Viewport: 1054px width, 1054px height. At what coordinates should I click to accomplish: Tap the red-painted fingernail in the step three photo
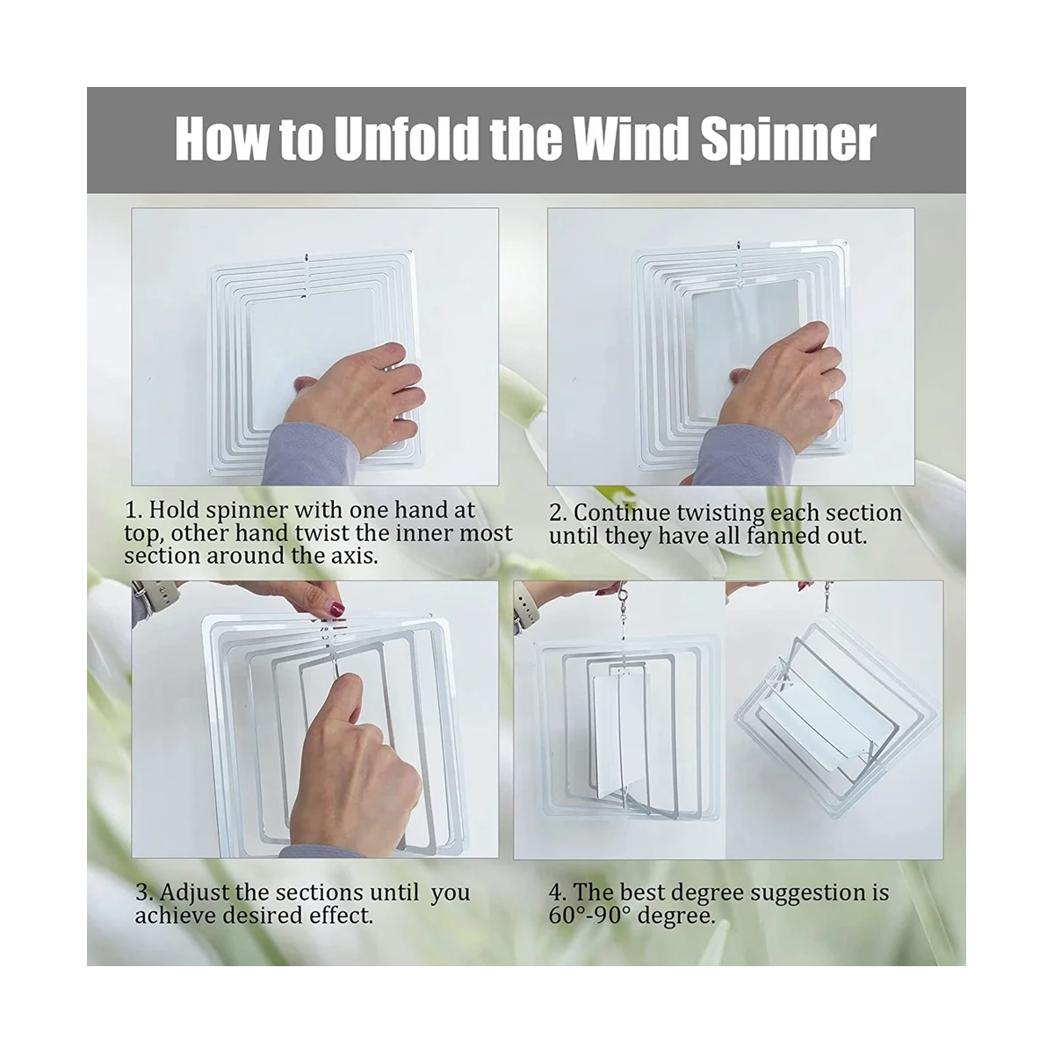coord(335,608)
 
